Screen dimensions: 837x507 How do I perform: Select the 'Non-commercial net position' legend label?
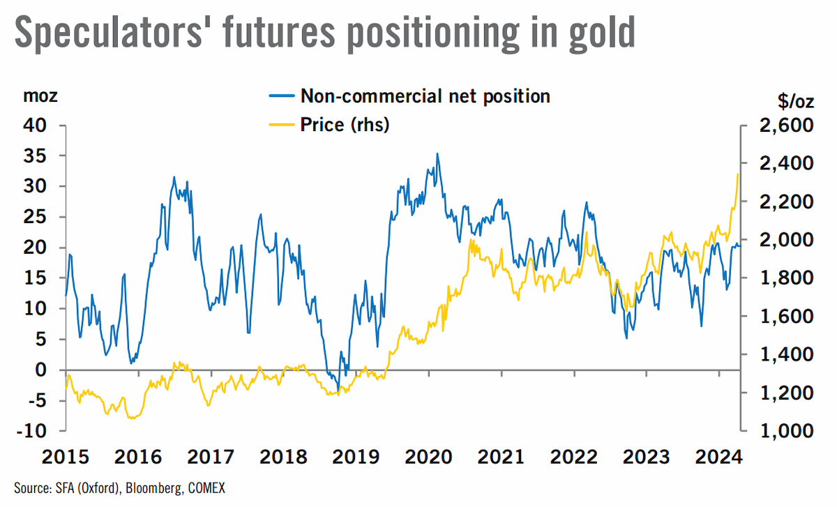point(425,96)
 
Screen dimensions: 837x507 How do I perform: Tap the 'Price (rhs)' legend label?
point(345,124)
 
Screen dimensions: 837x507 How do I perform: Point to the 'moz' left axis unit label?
point(40,96)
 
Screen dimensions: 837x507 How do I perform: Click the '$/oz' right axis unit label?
point(796,101)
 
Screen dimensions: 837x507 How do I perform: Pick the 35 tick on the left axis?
point(35,156)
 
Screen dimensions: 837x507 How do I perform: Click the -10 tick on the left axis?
point(32,431)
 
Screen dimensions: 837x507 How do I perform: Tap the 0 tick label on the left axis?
point(40,370)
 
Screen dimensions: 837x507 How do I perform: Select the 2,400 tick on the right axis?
point(786,163)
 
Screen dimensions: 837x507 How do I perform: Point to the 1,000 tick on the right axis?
point(786,431)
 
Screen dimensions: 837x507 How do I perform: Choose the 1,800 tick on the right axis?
point(786,278)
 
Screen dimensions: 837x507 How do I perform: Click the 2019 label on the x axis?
point(356,457)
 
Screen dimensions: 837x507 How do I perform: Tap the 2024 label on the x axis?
point(719,457)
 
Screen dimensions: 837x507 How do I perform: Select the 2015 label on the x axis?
point(66,457)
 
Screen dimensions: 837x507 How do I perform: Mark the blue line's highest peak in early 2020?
point(437,153)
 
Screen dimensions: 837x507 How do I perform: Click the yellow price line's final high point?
point(738,174)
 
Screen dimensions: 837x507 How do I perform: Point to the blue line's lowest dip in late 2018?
point(338,391)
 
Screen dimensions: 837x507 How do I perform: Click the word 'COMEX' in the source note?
point(206,488)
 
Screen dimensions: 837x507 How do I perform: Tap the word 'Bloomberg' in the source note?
point(154,489)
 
